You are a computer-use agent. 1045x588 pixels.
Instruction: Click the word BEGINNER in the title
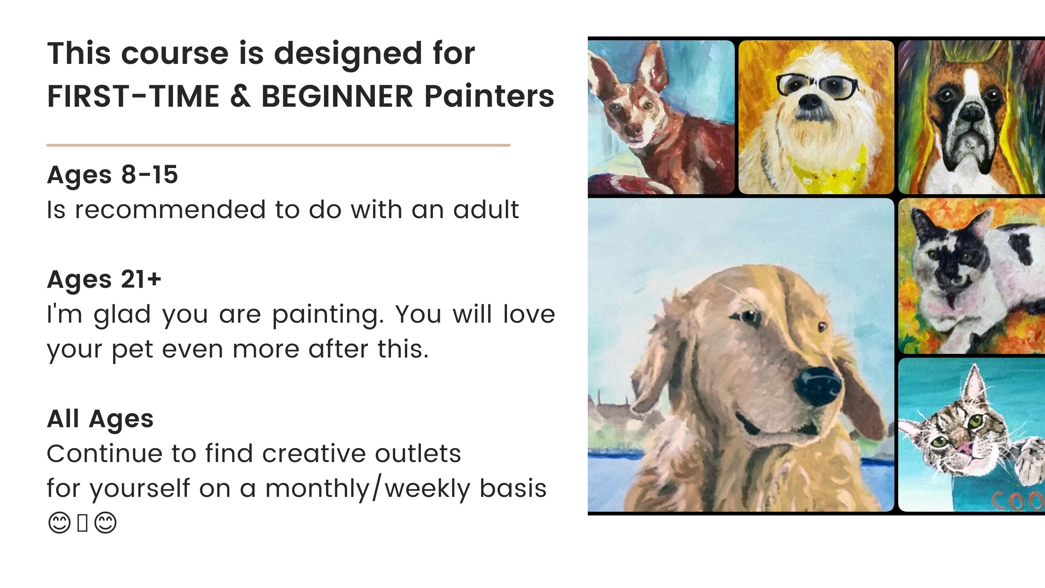[x=337, y=97]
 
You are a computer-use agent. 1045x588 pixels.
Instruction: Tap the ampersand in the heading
[x=240, y=97]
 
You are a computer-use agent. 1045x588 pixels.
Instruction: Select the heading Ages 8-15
[x=112, y=175]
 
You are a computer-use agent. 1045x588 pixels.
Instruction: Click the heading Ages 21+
[x=104, y=279]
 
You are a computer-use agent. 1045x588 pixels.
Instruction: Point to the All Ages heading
[x=100, y=419]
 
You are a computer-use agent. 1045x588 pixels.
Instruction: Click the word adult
[x=486, y=210]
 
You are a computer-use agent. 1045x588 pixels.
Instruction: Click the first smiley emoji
[x=59, y=522]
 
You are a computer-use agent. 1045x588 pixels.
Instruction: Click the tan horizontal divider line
[x=278, y=145]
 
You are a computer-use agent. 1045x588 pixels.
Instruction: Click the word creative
[x=314, y=454]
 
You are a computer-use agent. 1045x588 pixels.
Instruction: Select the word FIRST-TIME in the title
[x=134, y=97]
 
